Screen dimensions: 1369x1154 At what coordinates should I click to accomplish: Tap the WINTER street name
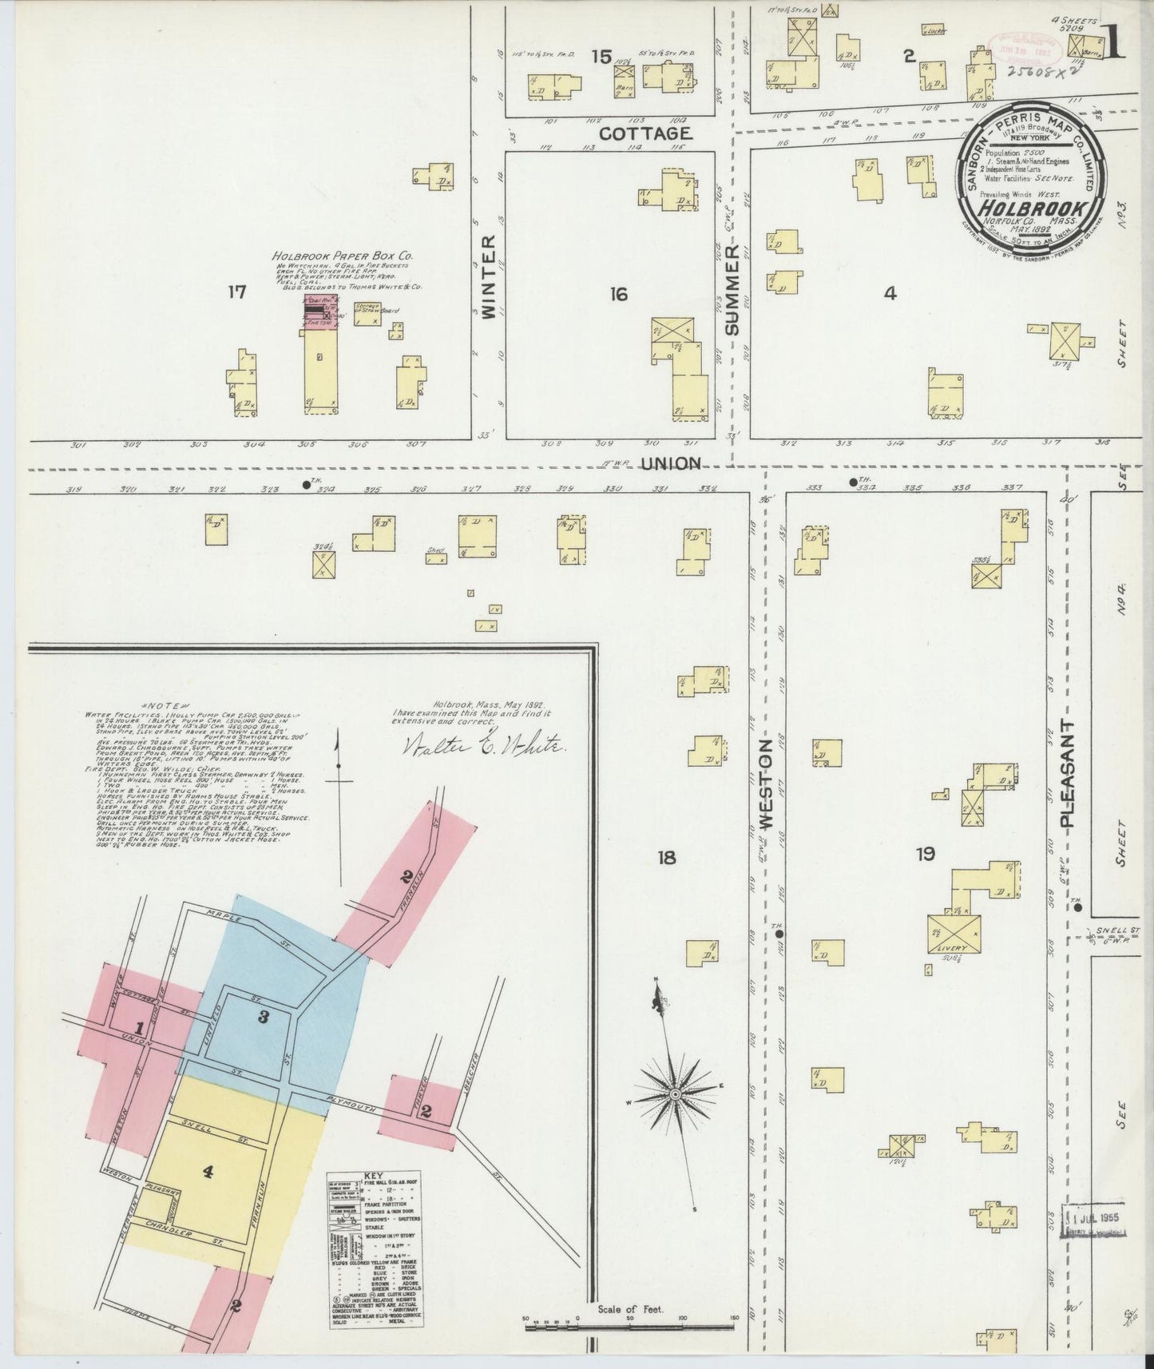point(490,276)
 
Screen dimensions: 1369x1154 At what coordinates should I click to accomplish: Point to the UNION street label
point(672,464)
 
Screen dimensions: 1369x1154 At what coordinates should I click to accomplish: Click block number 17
point(236,293)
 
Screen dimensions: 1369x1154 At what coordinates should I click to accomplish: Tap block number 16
point(618,295)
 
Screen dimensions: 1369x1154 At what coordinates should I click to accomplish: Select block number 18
point(667,858)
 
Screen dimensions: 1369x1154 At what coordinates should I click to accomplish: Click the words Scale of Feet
point(631,1310)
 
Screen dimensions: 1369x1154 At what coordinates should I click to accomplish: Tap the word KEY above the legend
point(373,1177)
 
